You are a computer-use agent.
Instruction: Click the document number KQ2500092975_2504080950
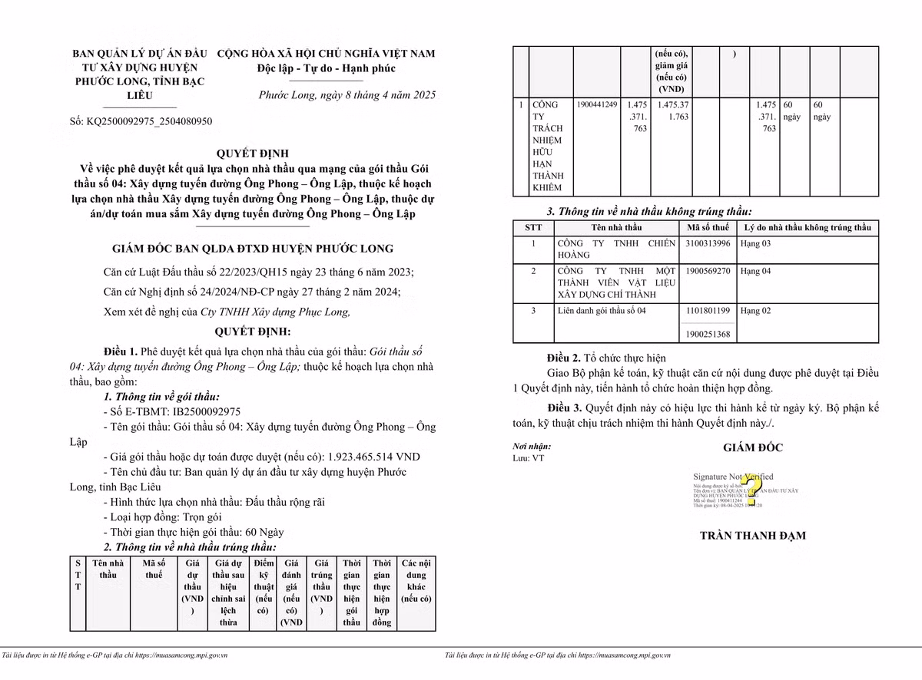[141, 121]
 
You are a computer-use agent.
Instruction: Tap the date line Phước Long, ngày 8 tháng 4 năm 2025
[347, 95]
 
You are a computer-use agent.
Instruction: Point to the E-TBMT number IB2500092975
[174, 411]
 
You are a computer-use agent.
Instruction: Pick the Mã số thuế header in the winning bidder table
[154, 569]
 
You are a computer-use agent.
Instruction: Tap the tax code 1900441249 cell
[595, 104]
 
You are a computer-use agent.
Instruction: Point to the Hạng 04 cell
[755, 272]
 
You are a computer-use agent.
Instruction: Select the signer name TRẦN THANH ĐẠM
[752, 536]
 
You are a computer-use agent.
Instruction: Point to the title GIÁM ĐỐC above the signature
[752, 447]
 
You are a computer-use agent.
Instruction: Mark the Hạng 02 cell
[755, 311]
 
